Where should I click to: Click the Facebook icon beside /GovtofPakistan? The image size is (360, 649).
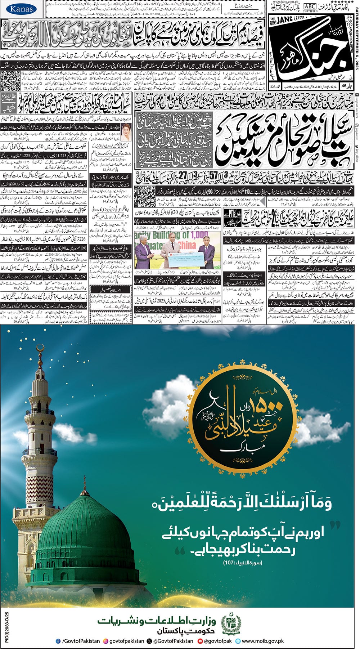(58, 641)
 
